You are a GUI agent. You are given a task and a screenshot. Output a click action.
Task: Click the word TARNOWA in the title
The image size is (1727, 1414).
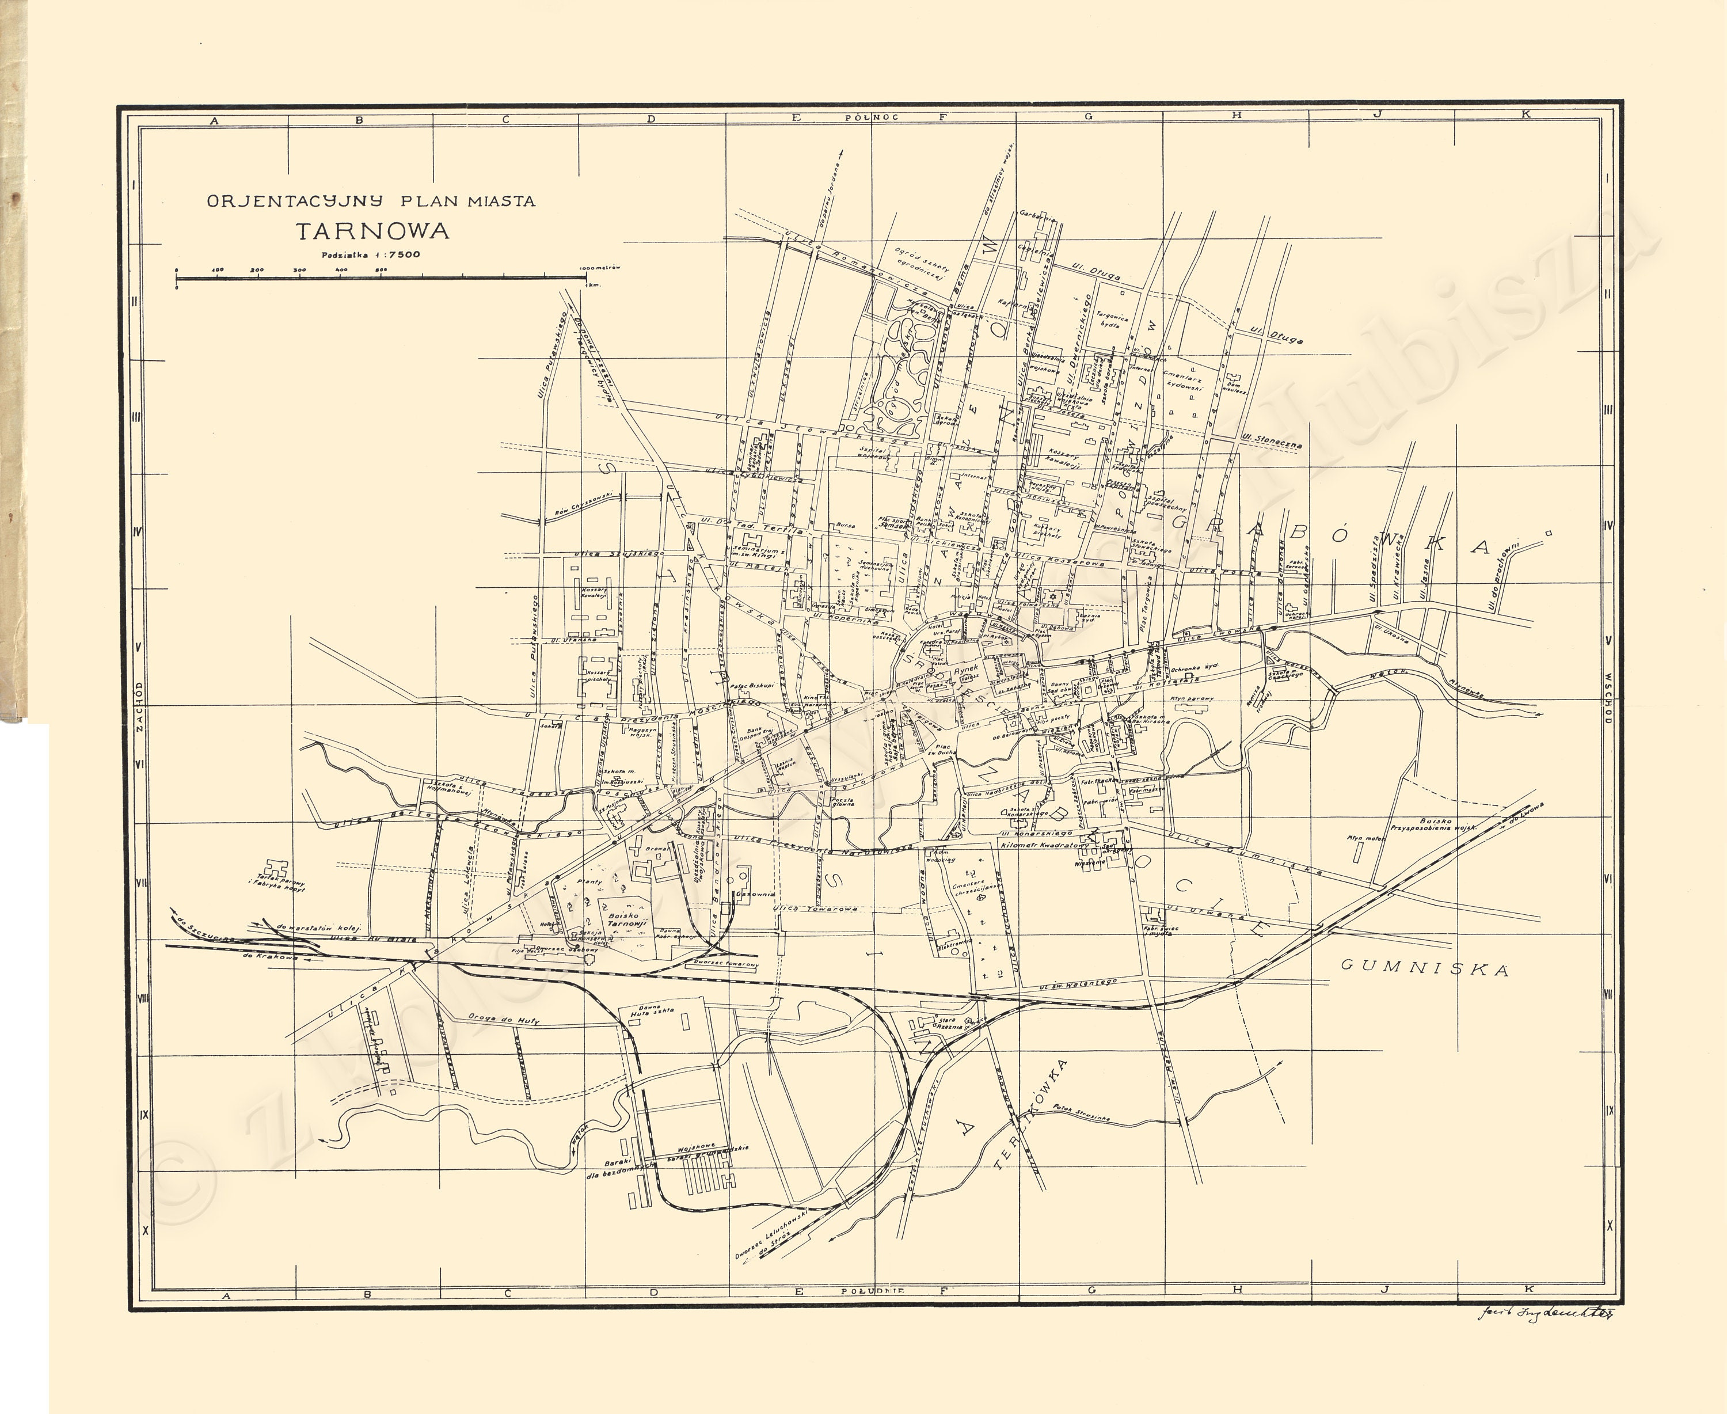[x=372, y=231]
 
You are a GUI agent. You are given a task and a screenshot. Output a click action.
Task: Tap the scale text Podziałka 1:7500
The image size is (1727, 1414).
[x=371, y=254]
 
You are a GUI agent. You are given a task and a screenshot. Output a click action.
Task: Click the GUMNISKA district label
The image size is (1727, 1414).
[x=1424, y=968]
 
